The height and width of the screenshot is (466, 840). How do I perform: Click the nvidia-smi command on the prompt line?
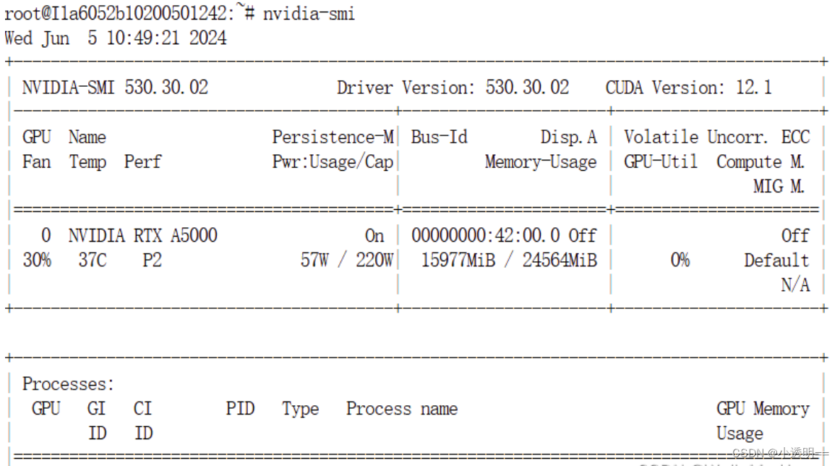coord(309,13)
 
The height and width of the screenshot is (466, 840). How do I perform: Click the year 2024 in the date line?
coord(207,38)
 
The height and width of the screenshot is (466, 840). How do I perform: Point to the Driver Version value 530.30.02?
coord(527,88)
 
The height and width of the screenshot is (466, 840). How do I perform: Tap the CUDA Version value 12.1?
coord(754,88)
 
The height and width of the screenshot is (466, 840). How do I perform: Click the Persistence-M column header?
coord(333,137)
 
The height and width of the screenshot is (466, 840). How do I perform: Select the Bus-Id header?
coord(439,137)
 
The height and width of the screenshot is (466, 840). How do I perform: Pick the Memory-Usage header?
coord(541,161)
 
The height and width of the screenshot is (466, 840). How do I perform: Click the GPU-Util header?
coord(661,161)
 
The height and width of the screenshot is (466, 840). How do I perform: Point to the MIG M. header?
coord(779,186)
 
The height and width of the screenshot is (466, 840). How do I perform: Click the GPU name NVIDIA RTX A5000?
coord(142,235)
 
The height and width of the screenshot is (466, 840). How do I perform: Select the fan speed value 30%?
coord(37,260)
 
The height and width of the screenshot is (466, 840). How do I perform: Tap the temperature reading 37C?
coord(92,260)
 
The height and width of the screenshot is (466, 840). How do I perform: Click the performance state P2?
coord(152,260)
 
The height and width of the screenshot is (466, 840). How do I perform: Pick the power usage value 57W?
coord(314,260)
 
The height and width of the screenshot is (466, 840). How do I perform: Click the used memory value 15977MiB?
coord(458,260)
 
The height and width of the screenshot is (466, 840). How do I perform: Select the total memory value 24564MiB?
coord(560,260)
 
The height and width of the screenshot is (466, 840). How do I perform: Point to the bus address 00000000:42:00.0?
coord(485,235)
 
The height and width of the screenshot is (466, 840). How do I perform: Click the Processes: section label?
coord(68,384)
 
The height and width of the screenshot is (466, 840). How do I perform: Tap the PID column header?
coord(240,408)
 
